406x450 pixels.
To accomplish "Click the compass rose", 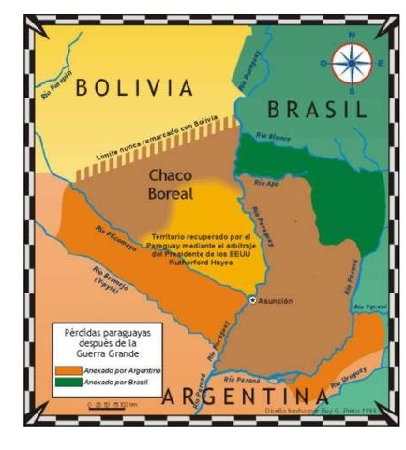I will [x=352, y=63].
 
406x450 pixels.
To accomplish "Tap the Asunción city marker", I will [x=252, y=301].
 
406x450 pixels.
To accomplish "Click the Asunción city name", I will [x=276, y=301].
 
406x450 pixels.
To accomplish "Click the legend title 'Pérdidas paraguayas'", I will [x=106, y=333].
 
